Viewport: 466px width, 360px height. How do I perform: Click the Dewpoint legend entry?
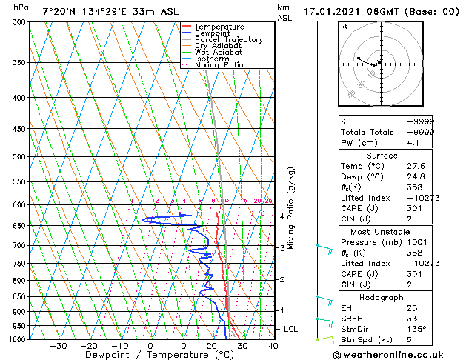[212, 33]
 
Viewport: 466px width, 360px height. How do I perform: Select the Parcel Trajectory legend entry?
[229, 40]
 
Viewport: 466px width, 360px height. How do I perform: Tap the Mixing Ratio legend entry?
[219, 65]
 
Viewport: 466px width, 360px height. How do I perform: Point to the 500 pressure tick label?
[20, 157]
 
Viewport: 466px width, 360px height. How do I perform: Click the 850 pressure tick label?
[20, 296]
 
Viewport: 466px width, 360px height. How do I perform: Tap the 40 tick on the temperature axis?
[273, 346]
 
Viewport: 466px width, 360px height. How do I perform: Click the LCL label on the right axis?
[291, 328]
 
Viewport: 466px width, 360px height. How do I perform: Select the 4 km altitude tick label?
[282, 216]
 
